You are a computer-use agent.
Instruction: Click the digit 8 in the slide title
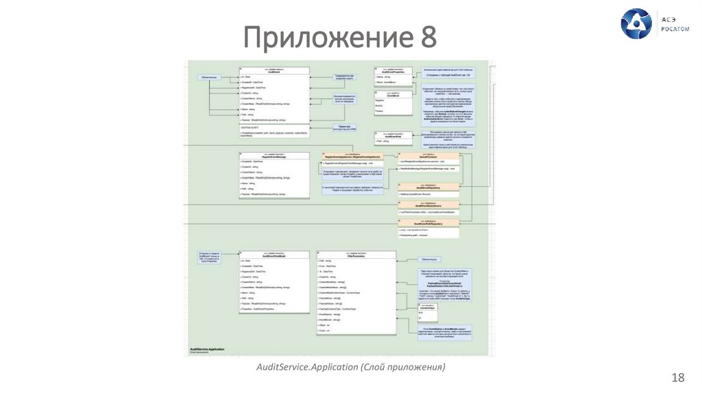426,37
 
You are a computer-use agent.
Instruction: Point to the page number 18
678,378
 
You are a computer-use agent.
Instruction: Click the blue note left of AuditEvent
209,78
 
